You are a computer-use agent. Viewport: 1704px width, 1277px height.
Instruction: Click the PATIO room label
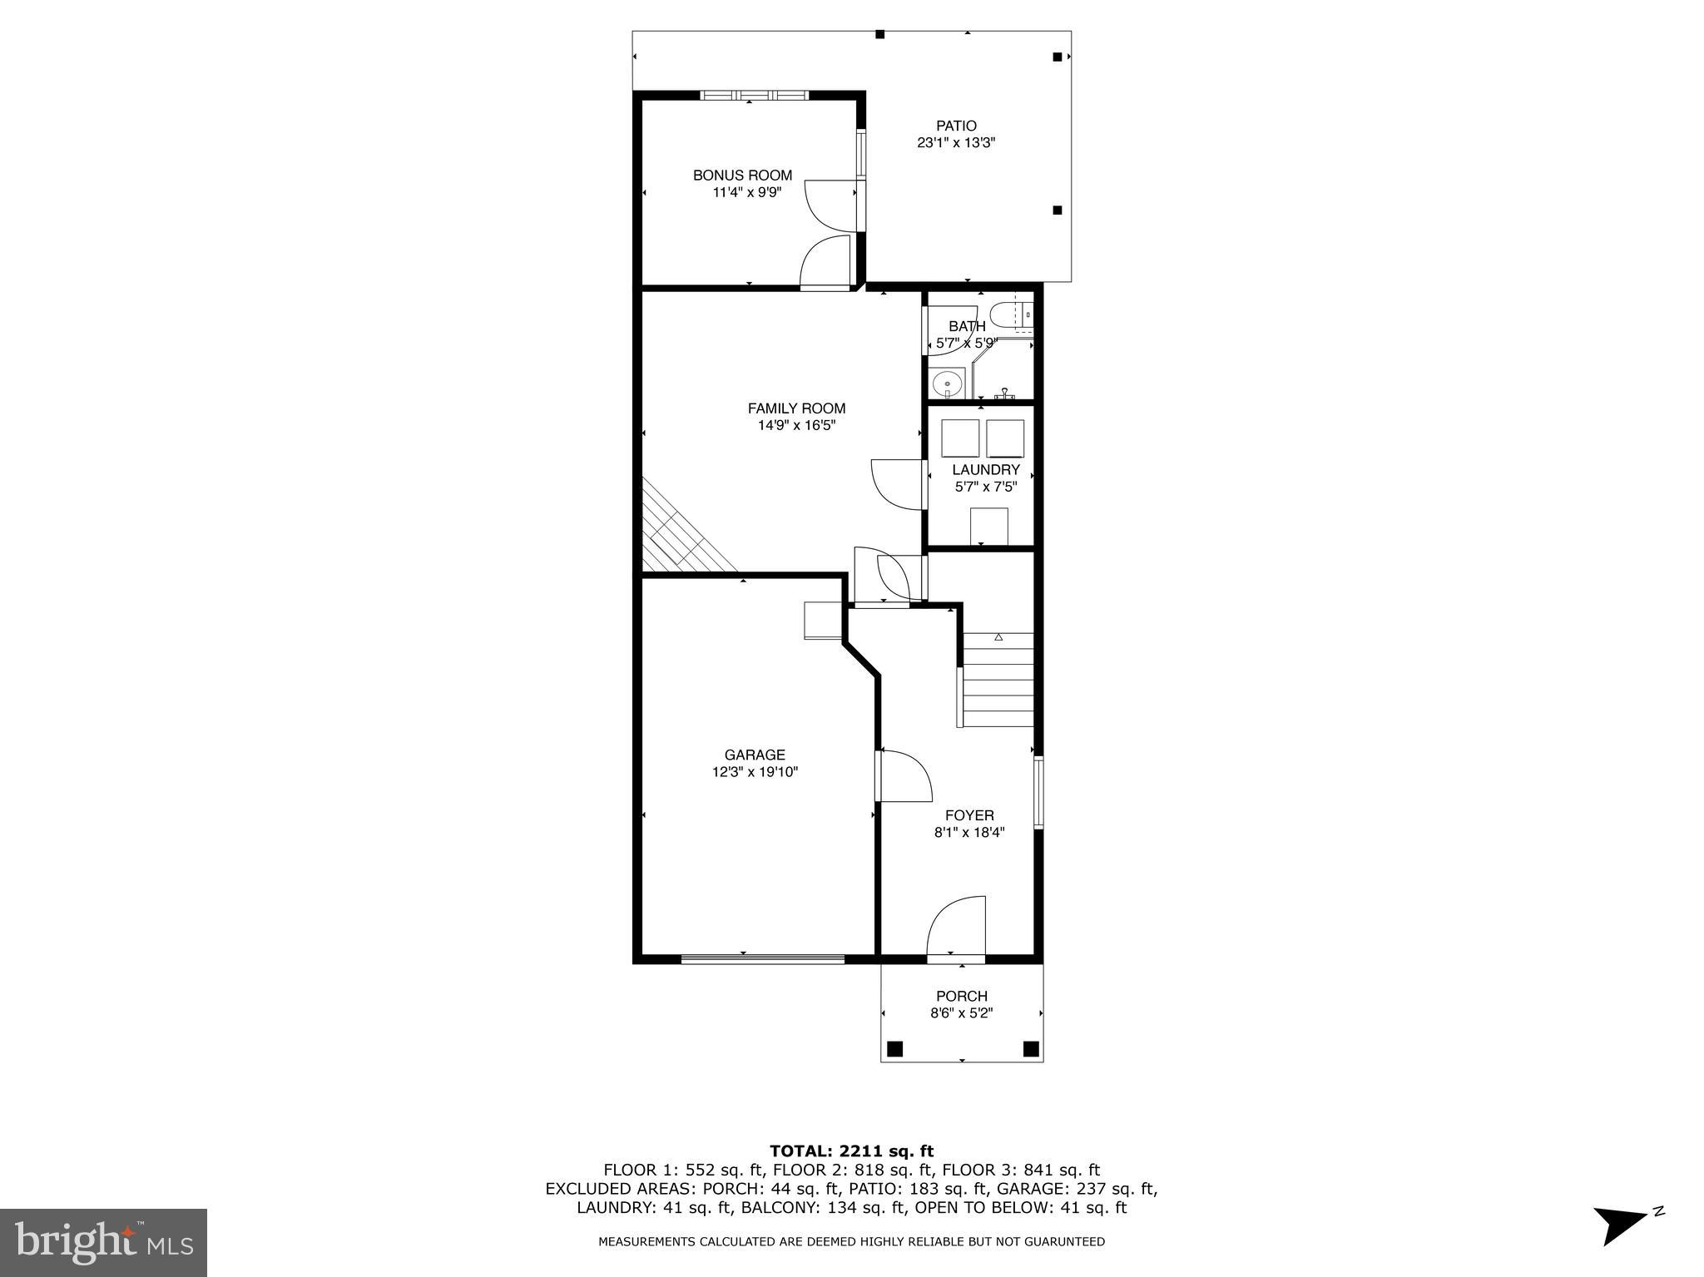coord(956,126)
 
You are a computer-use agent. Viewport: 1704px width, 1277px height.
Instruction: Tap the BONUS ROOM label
coord(742,176)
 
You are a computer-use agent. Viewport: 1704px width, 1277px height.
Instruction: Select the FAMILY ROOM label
coord(796,408)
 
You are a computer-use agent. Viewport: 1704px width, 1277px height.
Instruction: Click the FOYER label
coord(969,816)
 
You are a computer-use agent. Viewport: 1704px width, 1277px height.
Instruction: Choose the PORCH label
coord(962,997)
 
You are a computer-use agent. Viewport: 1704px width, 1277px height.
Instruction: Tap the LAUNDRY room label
coord(986,470)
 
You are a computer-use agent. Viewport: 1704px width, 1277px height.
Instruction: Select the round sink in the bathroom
coord(945,384)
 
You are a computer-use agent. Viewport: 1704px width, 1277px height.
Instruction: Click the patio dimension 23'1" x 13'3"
coord(956,143)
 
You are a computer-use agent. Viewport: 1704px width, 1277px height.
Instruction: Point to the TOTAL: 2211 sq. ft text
coord(851,1151)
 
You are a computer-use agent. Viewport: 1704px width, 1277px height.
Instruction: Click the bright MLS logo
coord(103,1242)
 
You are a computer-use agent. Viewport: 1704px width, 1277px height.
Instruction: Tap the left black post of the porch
coord(895,1048)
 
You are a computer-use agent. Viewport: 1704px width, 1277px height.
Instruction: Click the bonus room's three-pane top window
coord(755,95)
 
